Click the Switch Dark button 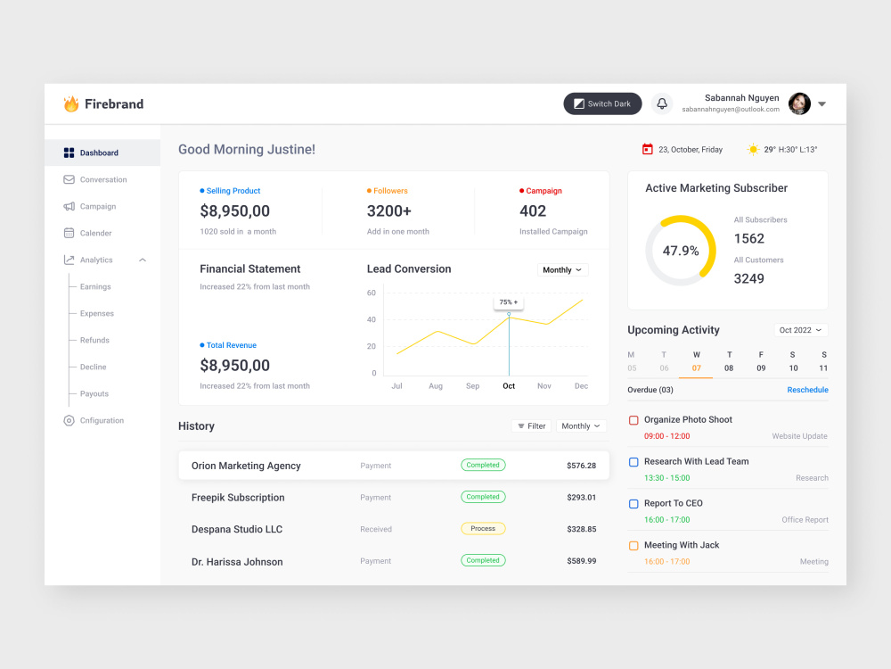point(602,103)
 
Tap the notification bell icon point(662,103)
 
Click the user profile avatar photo point(799,103)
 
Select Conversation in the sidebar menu point(102,179)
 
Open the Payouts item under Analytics point(94,393)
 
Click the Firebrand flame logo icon point(71,103)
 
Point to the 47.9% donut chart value point(681,251)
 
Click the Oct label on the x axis point(509,385)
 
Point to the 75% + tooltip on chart point(509,302)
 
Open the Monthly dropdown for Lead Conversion point(562,269)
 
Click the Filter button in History point(531,426)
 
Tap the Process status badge point(483,528)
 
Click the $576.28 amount point(581,466)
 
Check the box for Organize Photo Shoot point(634,420)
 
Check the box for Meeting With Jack point(634,546)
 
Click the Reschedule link point(807,390)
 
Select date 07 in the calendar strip point(696,368)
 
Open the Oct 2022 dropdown point(801,330)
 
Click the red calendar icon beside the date point(647,149)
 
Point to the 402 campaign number point(533,211)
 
